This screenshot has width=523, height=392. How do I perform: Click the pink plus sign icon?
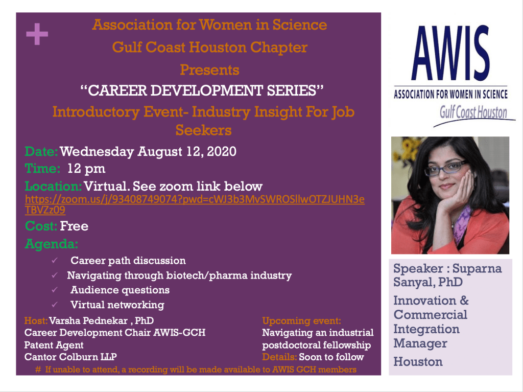37,34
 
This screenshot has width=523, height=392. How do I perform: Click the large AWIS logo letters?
450,53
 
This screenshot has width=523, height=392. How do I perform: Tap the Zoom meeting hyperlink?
195,204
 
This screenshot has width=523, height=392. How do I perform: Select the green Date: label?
41,152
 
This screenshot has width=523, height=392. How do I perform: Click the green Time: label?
42,168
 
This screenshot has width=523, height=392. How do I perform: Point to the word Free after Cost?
74,226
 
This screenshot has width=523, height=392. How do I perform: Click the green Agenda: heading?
52,244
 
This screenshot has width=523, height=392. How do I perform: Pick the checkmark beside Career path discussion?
55,261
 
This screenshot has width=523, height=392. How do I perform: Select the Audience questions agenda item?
120,290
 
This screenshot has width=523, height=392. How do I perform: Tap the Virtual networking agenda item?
117,305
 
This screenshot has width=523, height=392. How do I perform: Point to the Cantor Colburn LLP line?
70,357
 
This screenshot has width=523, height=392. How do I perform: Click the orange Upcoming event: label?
301,321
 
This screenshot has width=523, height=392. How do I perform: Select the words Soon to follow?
331,357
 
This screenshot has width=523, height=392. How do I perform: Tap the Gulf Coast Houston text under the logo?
473,112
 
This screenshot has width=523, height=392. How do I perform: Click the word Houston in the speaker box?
418,362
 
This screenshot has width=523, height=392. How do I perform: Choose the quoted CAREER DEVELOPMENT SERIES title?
202,90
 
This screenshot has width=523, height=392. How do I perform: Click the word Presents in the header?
209,70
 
